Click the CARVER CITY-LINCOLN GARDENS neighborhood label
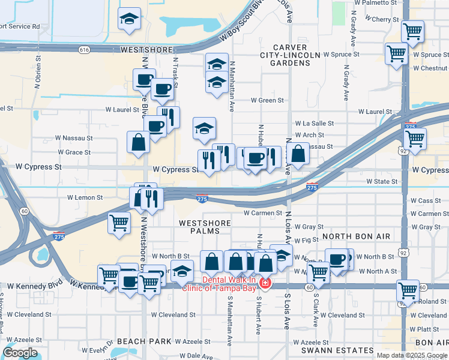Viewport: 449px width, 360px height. (281, 55)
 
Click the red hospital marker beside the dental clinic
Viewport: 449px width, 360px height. (265, 283)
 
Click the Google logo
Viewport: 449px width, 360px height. (20, 353)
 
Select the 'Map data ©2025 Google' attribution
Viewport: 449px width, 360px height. (412, 355)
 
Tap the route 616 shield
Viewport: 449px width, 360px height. (83, 50)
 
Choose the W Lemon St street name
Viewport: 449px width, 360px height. (85, 197)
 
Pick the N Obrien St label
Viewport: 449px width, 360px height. (38, 73)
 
